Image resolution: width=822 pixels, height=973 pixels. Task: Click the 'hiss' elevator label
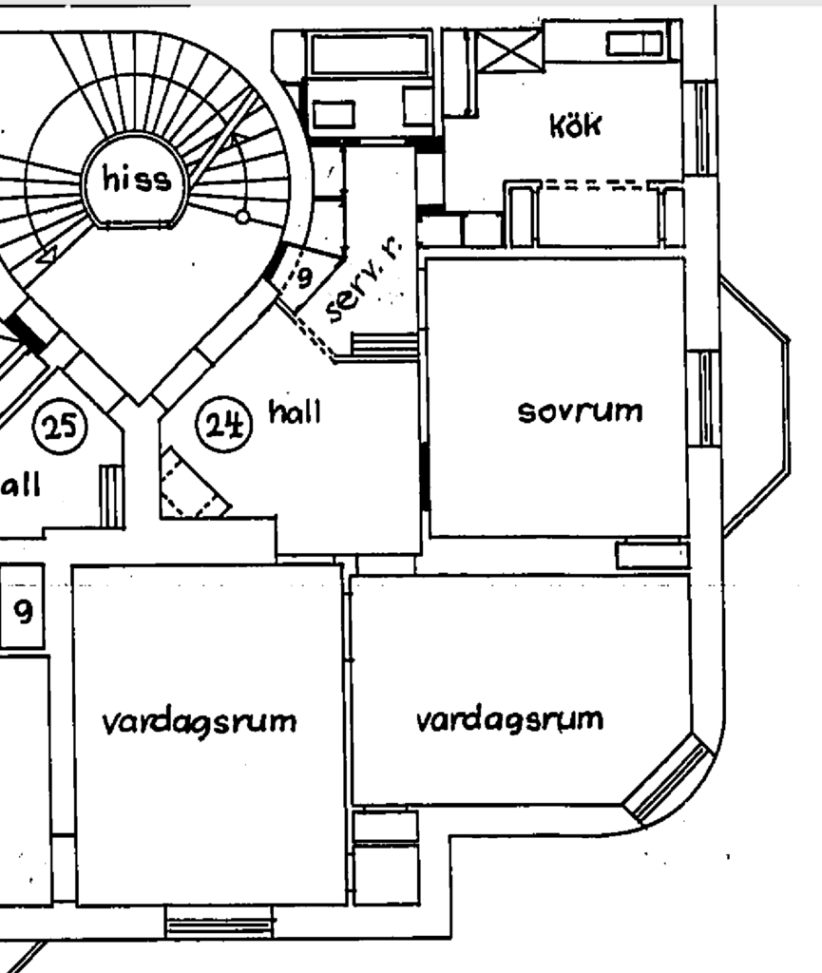[137, 180]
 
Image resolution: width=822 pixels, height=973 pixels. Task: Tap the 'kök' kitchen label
[575, 124]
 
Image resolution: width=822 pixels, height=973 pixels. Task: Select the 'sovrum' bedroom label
[580, 411]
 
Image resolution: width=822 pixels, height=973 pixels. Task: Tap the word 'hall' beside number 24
[295, 412]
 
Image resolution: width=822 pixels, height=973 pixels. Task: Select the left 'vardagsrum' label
[199, 721]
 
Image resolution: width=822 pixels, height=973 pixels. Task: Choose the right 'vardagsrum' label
[509, 719]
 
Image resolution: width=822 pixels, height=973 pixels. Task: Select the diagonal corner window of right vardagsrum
[670, 780]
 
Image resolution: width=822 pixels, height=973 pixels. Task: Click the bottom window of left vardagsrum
[219, 921]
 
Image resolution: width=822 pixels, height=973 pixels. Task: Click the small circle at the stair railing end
[242, 217]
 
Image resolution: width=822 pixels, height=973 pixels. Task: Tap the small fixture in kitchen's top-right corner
[634, 43]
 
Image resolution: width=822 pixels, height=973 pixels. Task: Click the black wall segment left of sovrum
[424, 475]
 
